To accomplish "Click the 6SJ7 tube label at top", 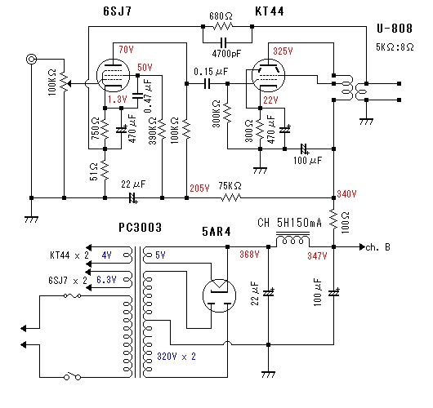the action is (118, 11).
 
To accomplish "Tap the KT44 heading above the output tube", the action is (270, 11).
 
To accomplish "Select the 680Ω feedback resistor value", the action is (221, 16).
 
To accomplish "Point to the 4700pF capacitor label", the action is (226, 53).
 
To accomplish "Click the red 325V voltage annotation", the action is (283, 51).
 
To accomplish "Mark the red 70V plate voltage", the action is (126, 50).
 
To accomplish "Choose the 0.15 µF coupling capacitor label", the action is (211, 72).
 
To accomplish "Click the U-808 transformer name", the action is (395, 29).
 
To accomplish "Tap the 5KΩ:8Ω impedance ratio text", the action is (395, 47).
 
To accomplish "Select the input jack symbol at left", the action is (31, 59).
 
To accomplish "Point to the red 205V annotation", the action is (199, 188).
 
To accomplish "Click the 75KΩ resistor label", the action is (230, 186).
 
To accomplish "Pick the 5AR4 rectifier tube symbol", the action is (219, 295).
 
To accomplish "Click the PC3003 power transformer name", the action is (140, 228).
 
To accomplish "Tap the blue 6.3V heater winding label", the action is (106, 280).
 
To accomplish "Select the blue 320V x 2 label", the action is (176, 357).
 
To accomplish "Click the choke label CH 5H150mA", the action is (289, 223).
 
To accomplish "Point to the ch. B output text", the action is (378, 247).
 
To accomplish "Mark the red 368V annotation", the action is (249, 255).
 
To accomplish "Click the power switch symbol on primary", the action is (73, 376).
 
